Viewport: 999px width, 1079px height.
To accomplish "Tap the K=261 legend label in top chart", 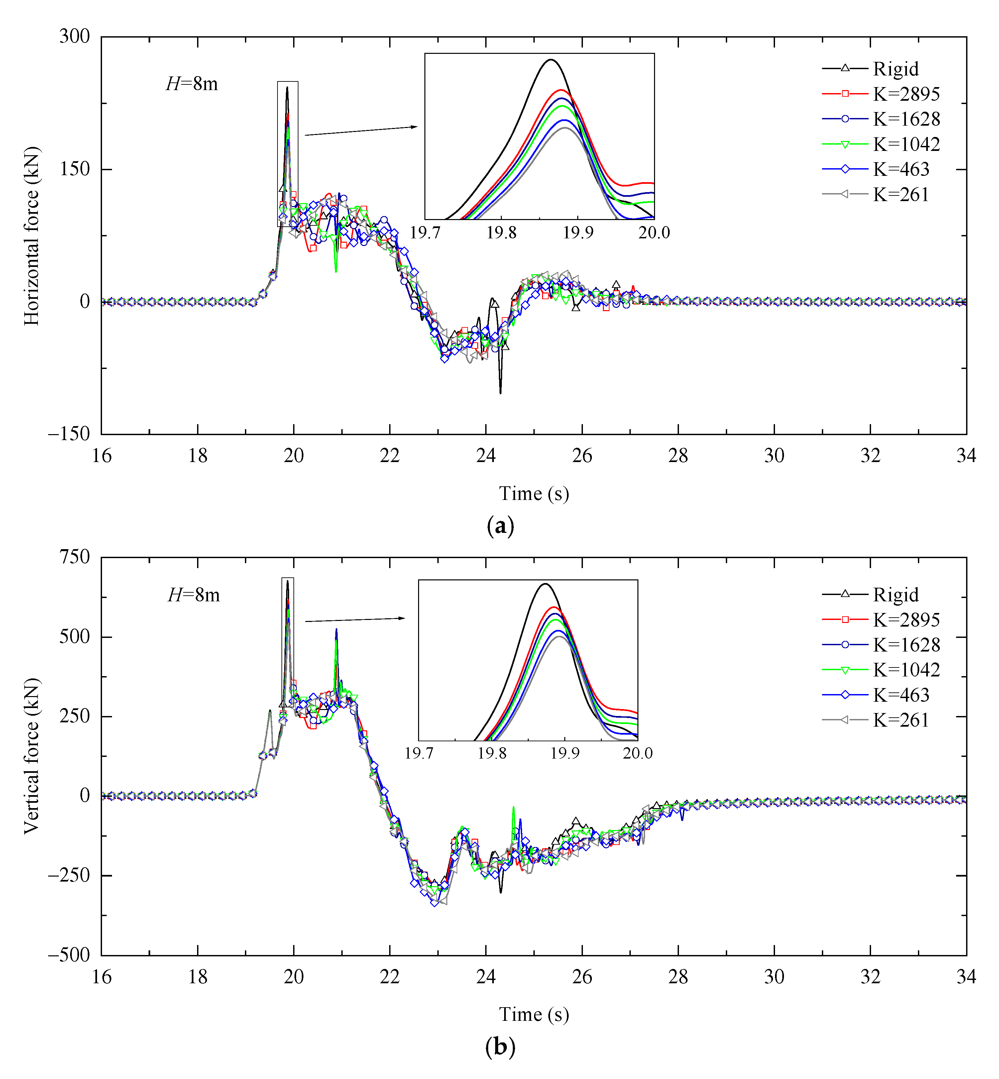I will coord(900,194).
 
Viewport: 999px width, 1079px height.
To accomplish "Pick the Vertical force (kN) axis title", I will coord(31,756).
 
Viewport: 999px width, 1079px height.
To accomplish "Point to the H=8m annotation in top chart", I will coord(192,84).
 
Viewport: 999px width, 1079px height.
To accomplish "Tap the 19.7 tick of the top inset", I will coord(425,232).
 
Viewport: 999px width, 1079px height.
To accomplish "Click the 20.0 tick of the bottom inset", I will coord(637,753).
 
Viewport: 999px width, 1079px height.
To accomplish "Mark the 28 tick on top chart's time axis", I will coord(678,456).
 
